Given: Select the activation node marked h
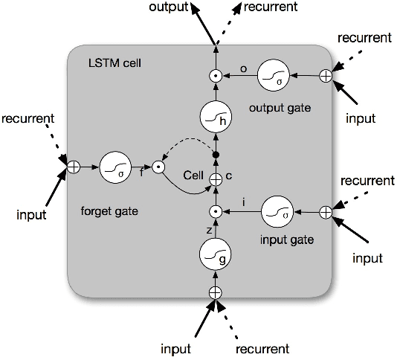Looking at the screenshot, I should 215,118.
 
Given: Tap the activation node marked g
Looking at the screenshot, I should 215,257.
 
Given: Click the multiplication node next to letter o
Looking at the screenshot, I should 215,75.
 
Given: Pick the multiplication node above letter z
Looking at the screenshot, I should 215,213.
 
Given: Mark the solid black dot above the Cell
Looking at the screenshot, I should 215,155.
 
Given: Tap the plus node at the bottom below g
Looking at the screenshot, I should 215,293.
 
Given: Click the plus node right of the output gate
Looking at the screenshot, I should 325,75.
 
